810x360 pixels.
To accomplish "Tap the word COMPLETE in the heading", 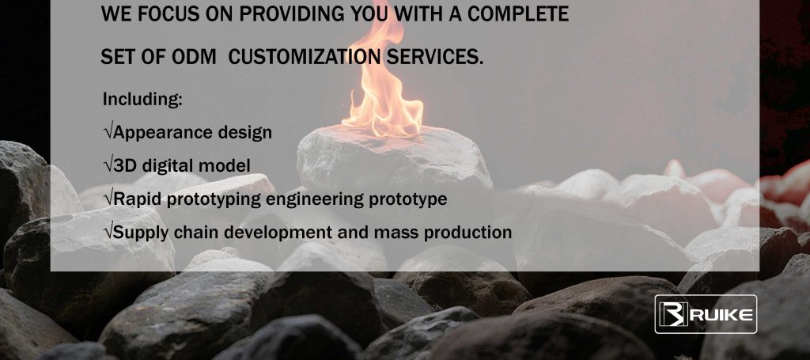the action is (x=518, y=14).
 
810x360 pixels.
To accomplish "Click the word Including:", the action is (x=142, y=99).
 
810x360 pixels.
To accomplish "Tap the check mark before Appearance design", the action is (x=108, y=132).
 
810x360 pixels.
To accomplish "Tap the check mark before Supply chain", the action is (x=108, y=232).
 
